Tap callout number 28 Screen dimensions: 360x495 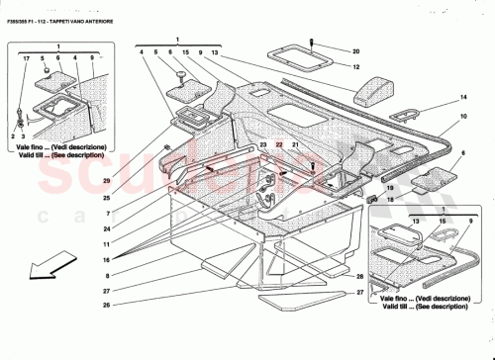[362, 276]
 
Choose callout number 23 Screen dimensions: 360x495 [263, 145]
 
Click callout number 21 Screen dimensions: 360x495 [294, 145]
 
